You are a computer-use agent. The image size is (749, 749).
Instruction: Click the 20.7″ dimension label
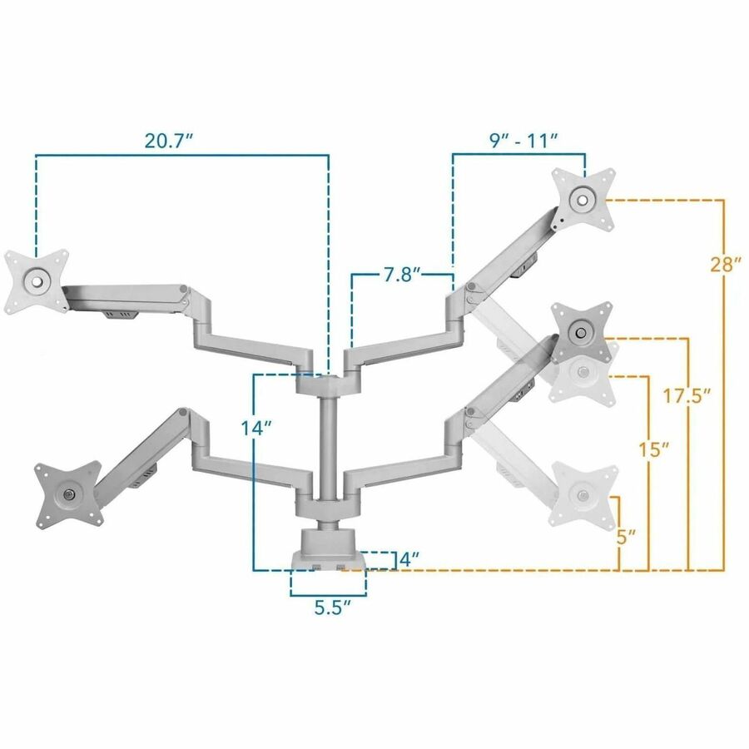(x=169, y=141)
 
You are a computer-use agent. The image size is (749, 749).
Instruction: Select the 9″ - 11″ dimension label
(x=523, y=141)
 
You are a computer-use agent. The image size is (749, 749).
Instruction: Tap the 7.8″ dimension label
(x=402, y=275)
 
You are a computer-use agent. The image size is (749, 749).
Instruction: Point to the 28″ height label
(x=726, y=264)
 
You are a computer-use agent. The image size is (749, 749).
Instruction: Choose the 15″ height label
(x=653, y=449)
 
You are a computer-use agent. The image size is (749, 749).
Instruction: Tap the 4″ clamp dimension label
(x=409, y=559)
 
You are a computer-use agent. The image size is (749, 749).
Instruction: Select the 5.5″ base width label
(x=333, y=608)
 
